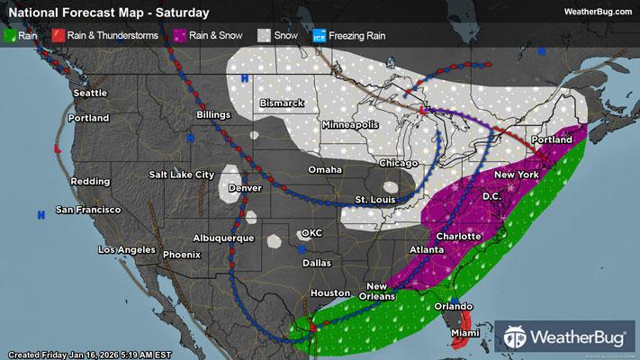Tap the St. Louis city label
[x=372, y=199]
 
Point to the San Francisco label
[x=88, y=210]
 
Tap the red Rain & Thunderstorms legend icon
[x=59, y=35]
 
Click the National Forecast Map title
[x=106, y=13]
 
